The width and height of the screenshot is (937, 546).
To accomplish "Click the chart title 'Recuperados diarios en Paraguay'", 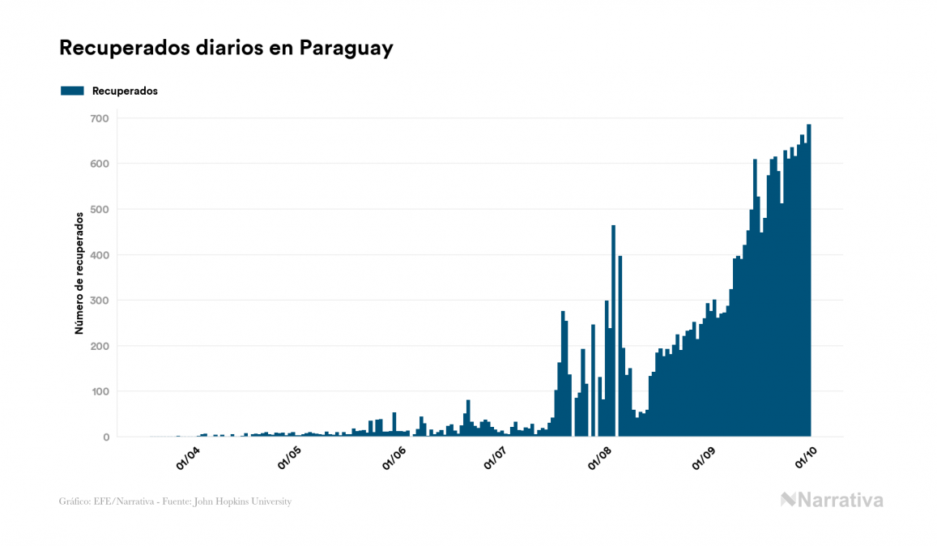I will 226,48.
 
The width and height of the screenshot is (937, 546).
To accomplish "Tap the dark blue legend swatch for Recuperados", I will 72,91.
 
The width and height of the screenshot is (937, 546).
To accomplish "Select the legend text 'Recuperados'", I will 125,91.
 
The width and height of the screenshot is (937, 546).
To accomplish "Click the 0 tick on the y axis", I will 104,437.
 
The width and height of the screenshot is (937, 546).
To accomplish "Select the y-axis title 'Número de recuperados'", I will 79,274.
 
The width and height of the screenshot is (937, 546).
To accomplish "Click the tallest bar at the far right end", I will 809,284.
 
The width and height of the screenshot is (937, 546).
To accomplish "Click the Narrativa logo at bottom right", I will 832,500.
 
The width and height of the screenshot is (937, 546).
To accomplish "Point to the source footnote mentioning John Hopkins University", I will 175,501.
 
